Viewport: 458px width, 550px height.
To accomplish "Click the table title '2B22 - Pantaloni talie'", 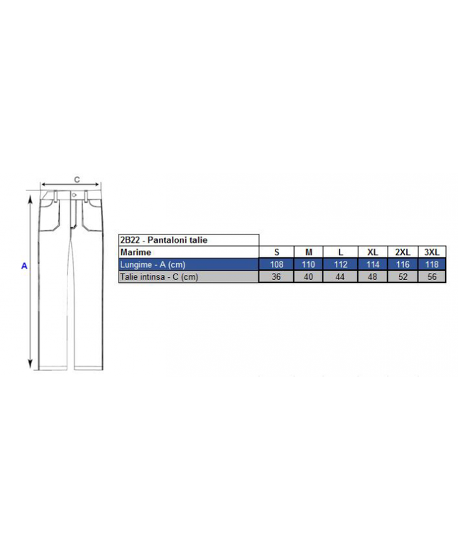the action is point(163,240).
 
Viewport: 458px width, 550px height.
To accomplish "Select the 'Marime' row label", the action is point(136,252).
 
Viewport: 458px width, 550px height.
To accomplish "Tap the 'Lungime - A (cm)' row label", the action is point(153,264).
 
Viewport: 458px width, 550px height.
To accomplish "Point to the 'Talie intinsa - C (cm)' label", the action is point(159,276).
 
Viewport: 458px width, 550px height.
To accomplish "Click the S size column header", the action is point(276,252).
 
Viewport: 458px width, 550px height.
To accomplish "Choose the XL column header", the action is point(373,252).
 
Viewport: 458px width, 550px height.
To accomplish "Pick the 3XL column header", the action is point(432,252).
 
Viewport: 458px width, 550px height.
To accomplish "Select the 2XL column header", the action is point(403,252).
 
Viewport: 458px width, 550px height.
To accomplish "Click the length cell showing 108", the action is point(276,264).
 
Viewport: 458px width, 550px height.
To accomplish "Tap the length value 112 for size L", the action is point(340,264).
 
